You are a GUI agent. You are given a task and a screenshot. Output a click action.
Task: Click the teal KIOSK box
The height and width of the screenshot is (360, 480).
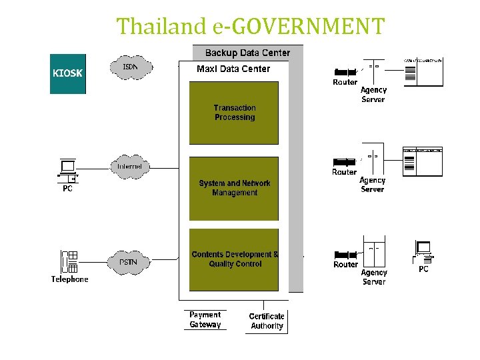(67, 73)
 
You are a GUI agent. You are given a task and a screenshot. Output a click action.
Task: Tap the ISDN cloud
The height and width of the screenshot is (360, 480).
(131, 67)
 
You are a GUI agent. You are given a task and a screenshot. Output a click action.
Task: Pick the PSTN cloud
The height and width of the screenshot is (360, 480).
(128, 262)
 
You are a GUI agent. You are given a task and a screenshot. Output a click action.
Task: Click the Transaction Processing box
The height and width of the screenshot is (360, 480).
(234, 113)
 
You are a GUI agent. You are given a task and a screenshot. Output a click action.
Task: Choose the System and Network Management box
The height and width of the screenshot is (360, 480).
(234, 188)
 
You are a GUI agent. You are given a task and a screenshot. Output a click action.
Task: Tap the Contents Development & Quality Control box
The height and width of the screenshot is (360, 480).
(234, 259)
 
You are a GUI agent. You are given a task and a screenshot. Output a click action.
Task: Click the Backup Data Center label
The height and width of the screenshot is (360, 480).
(247, 53)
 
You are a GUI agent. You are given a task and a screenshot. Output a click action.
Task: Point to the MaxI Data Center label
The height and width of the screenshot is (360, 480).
(233, 69)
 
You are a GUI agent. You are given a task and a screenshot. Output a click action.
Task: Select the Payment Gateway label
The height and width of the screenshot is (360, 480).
(205, 320)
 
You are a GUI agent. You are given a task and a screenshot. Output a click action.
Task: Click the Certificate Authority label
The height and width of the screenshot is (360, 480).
(267, 321)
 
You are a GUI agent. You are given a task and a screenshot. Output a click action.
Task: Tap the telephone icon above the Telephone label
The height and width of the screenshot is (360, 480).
(69, 262)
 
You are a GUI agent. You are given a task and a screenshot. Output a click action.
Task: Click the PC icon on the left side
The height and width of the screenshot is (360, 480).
(68, 171)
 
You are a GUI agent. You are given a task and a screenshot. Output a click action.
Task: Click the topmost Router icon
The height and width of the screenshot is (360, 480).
(345, 72)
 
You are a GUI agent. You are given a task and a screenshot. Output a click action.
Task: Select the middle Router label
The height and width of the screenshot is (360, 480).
(345, 172)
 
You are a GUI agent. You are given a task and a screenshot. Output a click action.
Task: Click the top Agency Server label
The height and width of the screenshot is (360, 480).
(373, 95)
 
